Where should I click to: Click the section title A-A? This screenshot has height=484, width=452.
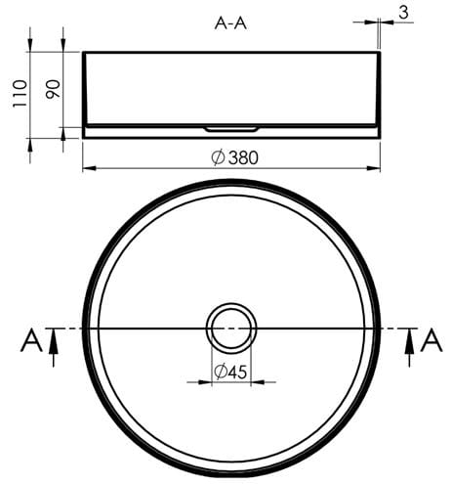tap(230, 23)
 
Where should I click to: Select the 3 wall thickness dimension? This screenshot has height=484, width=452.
tap(403, 13)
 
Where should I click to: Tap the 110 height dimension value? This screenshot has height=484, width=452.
tap(20, 94)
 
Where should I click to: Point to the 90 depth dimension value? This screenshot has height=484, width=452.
tap(53, 89)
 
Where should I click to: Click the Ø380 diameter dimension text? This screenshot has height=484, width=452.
tap(234, 157)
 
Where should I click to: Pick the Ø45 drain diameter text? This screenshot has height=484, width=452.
tap(230, 372)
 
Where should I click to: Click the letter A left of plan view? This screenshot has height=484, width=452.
tap(31, 341)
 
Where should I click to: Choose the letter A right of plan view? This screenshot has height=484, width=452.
tap(431, 341)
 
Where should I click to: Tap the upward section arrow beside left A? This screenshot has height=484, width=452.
tap(54, 347)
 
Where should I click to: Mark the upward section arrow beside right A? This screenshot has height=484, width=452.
tap(409, 347)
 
